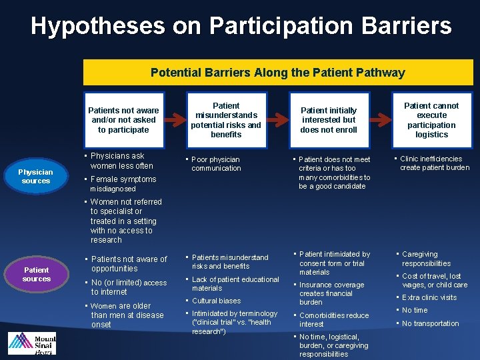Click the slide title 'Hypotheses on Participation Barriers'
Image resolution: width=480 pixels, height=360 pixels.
coord(241,26)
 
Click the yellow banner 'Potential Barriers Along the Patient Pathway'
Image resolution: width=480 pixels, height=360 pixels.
coord(277,73)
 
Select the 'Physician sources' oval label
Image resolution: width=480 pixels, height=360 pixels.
coord(35,176)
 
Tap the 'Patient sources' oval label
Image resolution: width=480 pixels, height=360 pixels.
coord(36,274)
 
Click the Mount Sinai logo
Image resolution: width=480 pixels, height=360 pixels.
coord(31,343)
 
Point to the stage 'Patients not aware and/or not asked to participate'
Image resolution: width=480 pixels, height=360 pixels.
coord(123,120)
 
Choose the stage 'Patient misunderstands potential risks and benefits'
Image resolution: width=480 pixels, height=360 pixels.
coord(226,120)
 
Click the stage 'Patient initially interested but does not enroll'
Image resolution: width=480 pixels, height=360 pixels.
coord(329,120)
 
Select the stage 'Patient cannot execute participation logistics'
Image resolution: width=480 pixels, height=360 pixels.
coord(431,120)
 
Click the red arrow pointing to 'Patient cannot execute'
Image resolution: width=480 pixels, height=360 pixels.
coord(382,120)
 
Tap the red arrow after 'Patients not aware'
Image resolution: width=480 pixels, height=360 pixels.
coord(175,120)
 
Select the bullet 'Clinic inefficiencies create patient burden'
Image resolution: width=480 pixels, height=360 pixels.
coord(434,163)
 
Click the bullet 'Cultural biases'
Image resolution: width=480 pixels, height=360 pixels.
coord(216,301)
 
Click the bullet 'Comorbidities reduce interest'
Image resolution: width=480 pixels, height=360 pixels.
coord(333,319)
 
